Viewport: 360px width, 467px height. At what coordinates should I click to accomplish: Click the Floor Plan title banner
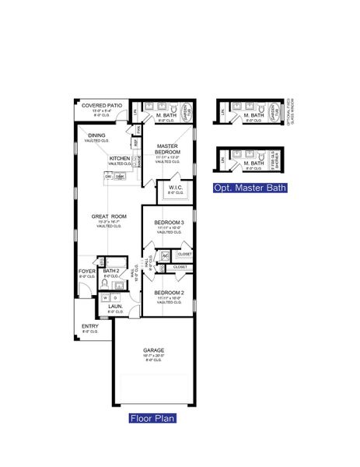click(152, 418)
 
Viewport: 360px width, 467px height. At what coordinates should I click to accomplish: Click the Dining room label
click(96, 135)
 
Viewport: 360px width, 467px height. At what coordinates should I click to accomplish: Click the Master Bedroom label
click(169, 150)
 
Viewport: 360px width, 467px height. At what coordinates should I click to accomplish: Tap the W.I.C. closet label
click(174, 186)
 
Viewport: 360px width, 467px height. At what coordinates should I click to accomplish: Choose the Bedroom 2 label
click(168, 293)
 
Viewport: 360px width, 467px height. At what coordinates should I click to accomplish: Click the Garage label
click(152, 353)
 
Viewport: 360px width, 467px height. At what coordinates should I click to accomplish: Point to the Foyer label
click(87, 272)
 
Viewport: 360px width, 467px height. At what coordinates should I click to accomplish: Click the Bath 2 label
click(110, 272)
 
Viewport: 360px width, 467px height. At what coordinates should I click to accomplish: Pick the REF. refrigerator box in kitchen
click(136, 142)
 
